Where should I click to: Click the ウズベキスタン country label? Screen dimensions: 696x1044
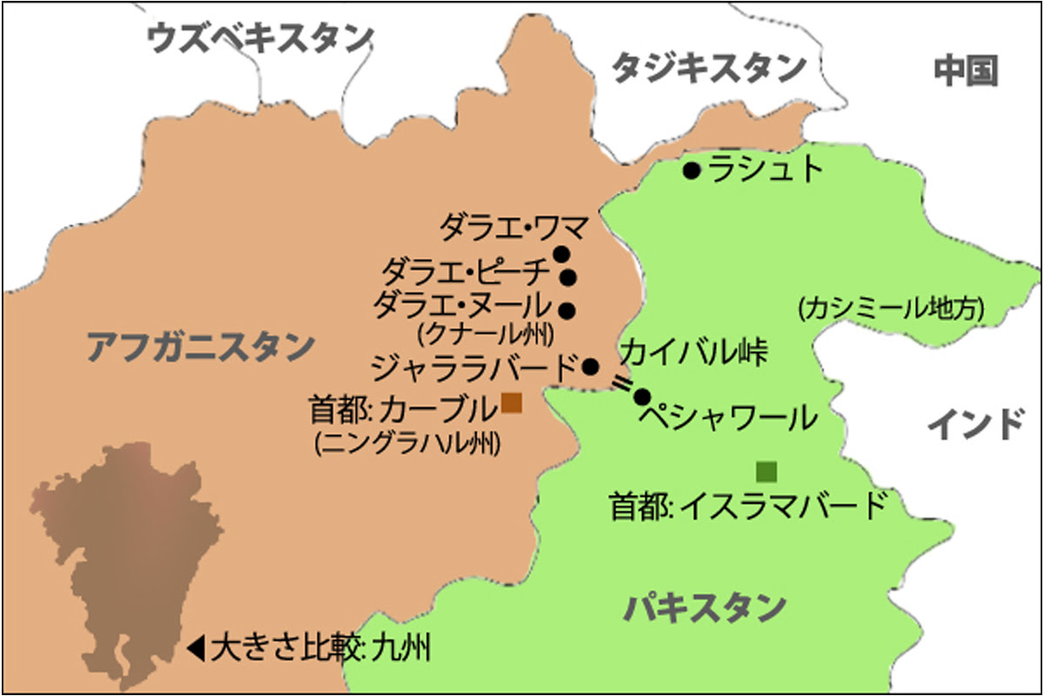coord(259,39)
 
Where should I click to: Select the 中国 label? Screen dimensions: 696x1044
coord(965,71)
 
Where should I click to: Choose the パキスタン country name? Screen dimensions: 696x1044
coord(705,607)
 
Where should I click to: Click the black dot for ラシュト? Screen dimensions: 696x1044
coord(692,171)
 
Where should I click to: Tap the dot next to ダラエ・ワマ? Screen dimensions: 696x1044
coord(561,255)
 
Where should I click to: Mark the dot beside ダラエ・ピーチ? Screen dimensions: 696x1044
coord(568,278)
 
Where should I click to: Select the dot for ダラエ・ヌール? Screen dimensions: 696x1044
coord(567,309)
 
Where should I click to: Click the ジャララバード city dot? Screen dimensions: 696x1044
coord(590,366)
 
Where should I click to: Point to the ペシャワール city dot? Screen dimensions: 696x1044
coord(642,398)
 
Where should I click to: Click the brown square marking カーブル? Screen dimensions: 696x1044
coord(512,403)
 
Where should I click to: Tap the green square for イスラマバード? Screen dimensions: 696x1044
coord(766,472)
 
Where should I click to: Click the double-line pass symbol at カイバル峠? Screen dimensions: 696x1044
coord(622,383)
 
